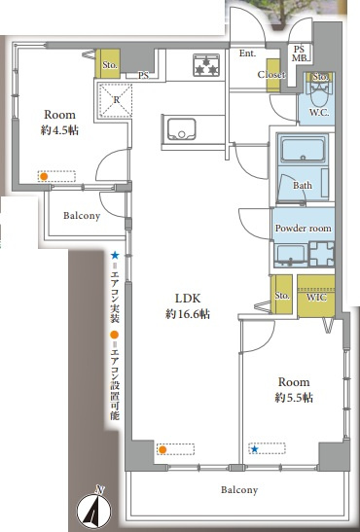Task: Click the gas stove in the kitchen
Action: (x=206, y=65)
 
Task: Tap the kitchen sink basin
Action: (x=181, y=129)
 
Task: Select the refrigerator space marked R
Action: (x=116, y=100)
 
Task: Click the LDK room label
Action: (x=188, y=299)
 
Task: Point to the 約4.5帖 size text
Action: (x=59, y=130)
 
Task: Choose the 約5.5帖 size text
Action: (x=294, y=398)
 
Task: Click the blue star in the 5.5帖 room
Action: (x=254, y=449)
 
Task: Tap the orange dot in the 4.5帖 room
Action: (x=44, y=176)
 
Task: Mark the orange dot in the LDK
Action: (x=162, y=450)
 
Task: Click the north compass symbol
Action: (x=94, y=509)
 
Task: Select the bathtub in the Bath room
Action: (x=303, y=150)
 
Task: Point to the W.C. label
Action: (x=318, y=112)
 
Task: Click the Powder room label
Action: (x=303, y=228)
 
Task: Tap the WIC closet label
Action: (x=316, y=298)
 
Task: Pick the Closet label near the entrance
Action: (x=271, y=74)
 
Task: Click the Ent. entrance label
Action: (x=248, y=53)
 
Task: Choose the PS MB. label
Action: (x=301, y=53)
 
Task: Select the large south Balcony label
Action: (x=239, y=489)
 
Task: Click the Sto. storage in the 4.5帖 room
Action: (x=109, y=64)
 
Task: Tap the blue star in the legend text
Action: (x=115, y=255)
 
